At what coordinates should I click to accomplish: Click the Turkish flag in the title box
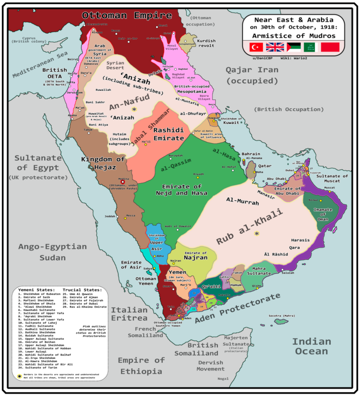[x=255, y=47]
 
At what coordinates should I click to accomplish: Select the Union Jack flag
[x=273, y=47]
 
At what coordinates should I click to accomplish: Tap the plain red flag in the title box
[x=329, y=47]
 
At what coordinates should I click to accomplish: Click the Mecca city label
[x=131, y=216]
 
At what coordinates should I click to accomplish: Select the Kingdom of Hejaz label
[x=103, y=163]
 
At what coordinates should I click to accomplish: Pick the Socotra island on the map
[x=281, y=321]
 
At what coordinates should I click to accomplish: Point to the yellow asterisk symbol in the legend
[x=19, y=376]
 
